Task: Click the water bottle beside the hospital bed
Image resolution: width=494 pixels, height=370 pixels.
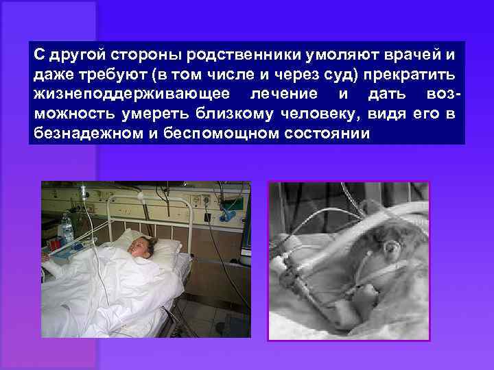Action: click(66, 230)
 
